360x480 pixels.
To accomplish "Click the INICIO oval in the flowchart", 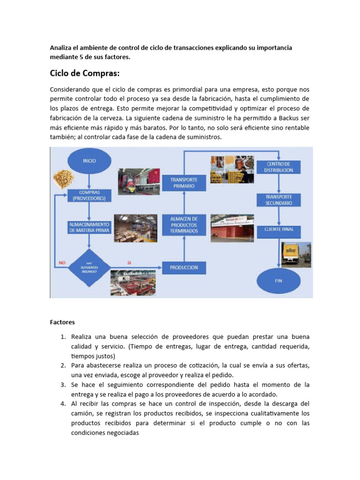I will point(89,161).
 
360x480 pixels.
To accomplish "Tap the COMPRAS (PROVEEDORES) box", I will point(89,195).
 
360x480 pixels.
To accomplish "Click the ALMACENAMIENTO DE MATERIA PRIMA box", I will point(89,227).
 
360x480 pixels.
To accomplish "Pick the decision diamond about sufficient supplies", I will point(89,267).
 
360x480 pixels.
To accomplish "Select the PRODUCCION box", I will point(184,268).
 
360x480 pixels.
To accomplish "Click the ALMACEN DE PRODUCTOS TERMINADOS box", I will point(184,225).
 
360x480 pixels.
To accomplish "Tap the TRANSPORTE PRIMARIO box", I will point(184,183).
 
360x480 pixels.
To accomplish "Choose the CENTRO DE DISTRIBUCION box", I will point(279,167).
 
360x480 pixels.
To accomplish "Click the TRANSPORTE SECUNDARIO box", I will point(279,200).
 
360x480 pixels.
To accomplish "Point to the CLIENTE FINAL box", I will point(279,229).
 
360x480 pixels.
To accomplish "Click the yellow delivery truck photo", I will point(296,255).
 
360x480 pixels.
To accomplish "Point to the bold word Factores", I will point(62,322).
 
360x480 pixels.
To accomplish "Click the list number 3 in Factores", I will point(62,385).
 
